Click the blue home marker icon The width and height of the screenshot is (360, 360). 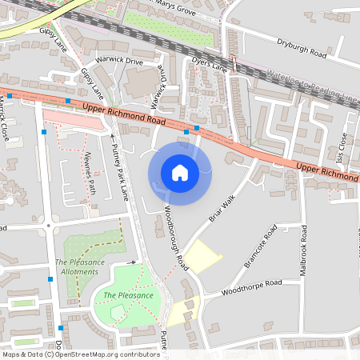[x=179, y=172]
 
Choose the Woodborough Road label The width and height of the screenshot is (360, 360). [x=175, y=238]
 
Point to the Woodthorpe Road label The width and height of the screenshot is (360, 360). [x=251, y=286]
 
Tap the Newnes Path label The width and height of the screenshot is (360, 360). [x=91, y=174]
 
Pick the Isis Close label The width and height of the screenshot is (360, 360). [x=342, y=146]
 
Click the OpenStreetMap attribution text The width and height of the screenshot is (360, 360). [x=80, y=354]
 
